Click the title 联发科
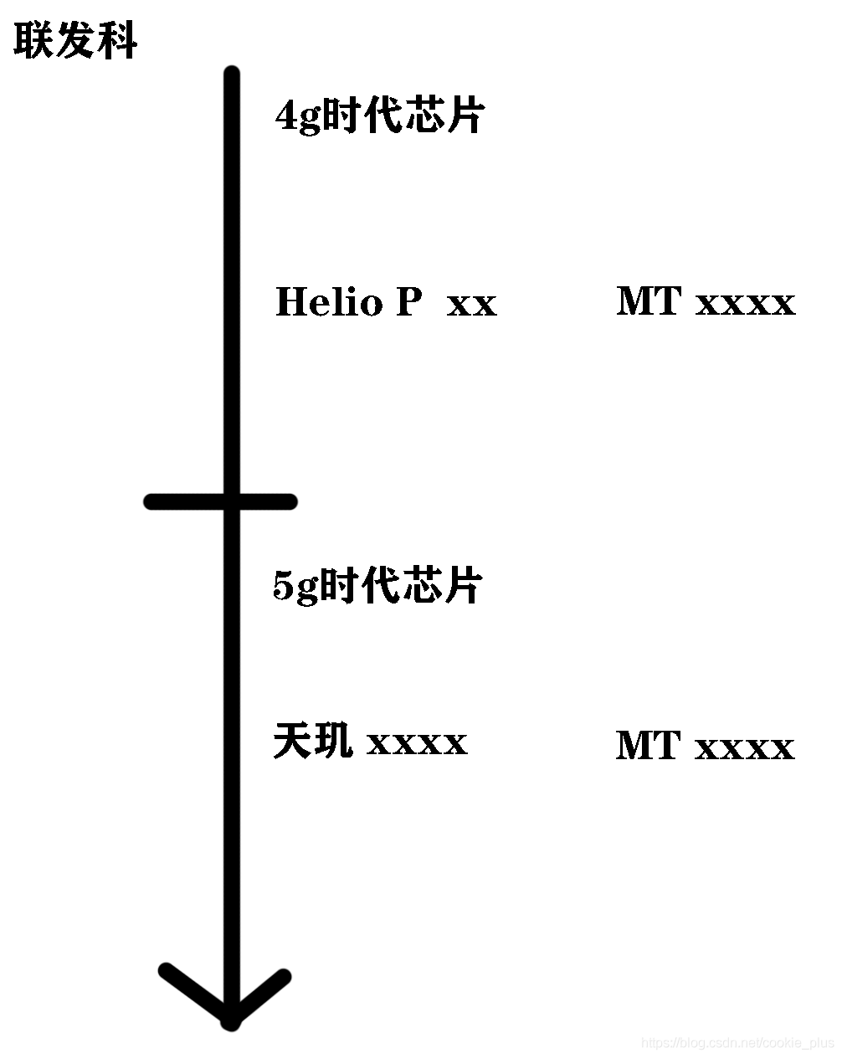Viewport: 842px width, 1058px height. [75, 40]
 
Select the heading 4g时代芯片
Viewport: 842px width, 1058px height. [379, 116]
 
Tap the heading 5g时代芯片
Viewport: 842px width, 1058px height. [377, 585]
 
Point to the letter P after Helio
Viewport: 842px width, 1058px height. [408, 301]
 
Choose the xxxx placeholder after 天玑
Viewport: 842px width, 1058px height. [417, 744]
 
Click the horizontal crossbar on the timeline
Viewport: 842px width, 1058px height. [221, 501]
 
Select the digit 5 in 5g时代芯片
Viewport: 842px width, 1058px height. [284, 587]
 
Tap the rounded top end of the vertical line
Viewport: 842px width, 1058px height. [232, 74]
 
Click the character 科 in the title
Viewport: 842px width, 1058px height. [118, 40]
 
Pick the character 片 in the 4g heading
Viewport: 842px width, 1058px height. [465, 116]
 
